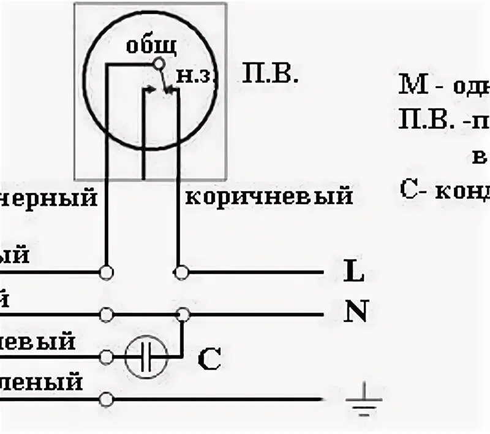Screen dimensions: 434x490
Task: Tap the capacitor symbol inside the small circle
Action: (x=146, y=356)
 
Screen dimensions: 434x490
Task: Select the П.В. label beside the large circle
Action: (x=270, y=76)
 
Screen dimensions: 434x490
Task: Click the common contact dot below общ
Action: (x=159, y=63)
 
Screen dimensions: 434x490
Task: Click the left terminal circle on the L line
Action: (x=107, y=271)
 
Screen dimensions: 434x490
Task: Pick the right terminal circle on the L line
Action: (x=180, y=271)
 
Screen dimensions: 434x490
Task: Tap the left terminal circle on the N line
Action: (x=107, y=314)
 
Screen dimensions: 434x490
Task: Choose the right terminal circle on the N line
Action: (x=182, y=314)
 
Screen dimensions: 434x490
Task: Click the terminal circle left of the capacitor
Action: (x=107, y=356)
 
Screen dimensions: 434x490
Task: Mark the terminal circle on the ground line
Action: (x=107, y=400)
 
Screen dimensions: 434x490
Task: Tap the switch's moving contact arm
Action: (x=164, y=78)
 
